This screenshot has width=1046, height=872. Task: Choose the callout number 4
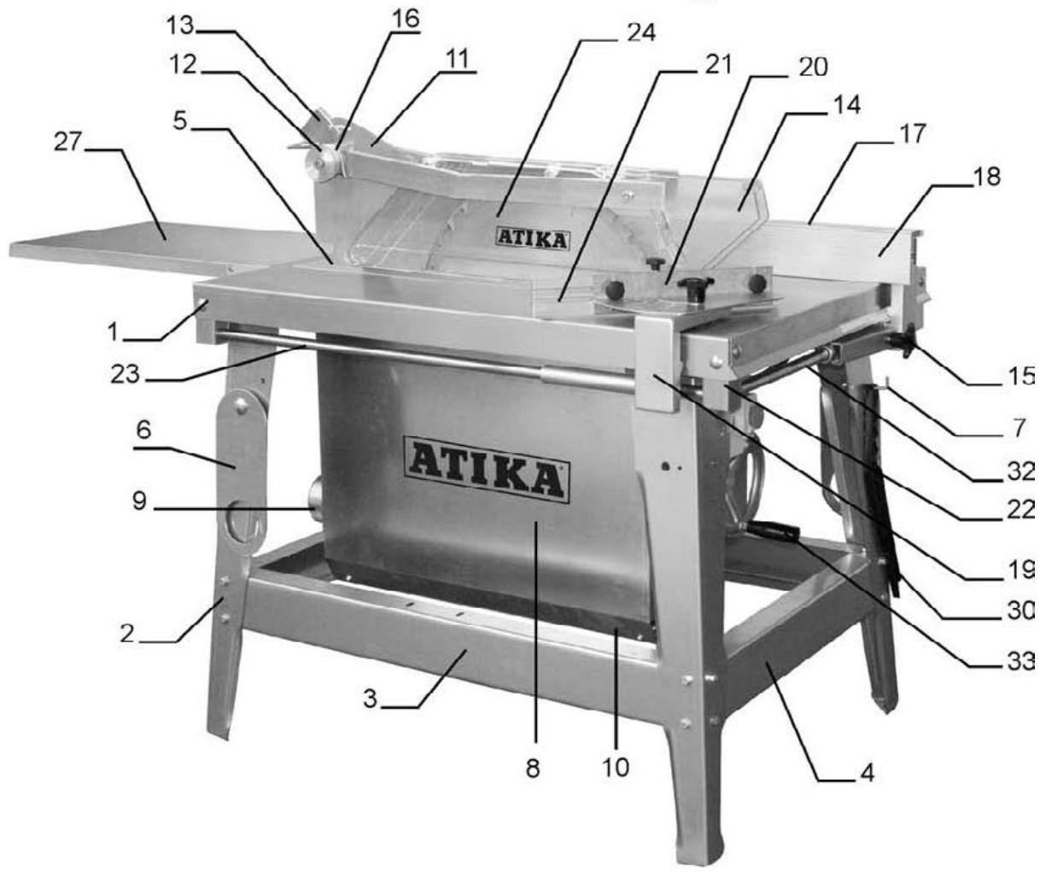867,775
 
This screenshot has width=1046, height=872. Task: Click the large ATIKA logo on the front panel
488,470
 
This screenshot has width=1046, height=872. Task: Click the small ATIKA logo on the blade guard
532,238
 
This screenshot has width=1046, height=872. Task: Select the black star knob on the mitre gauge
690,290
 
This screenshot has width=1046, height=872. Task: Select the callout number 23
125,373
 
